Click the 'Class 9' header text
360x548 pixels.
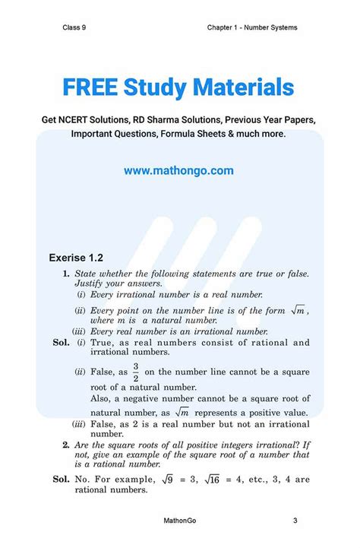[x=74, y=27]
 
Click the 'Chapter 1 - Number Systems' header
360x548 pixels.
[x=251, y=27]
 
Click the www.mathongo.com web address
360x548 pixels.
[x=179, y=171]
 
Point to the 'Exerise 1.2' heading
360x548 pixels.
[x=74, y=258]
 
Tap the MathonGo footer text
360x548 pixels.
[x=180, y=521]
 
